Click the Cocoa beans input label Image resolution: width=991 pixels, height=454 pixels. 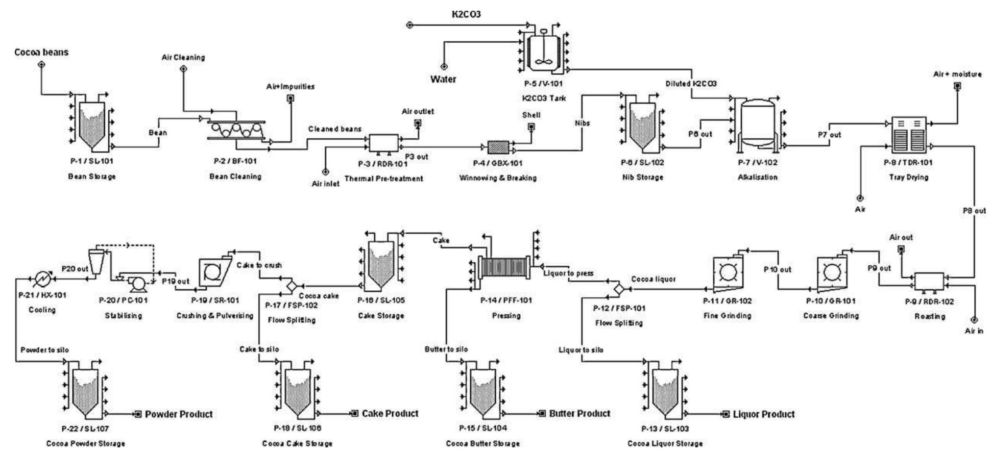point(41,52)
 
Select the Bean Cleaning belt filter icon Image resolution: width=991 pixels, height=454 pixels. point(236,130)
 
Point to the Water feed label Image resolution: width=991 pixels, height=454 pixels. point(443,79)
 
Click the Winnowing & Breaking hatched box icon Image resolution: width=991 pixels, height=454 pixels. point(498,147)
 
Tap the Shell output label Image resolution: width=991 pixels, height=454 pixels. point(531,115)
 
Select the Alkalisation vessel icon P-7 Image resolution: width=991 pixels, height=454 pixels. point(758,125)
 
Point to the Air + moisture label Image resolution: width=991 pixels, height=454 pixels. point(957,74)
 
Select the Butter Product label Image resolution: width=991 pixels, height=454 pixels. point(579,413)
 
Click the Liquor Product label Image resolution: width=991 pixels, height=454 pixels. point(763,414)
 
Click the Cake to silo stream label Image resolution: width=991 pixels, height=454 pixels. point(259,349)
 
